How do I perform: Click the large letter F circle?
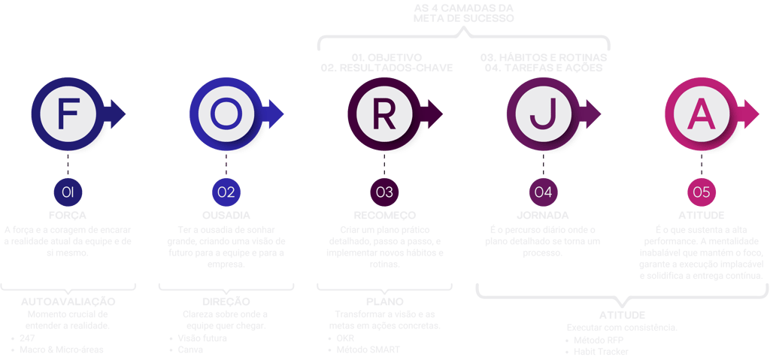[68, 112]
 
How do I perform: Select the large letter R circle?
[384, 112]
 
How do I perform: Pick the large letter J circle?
[542, 112]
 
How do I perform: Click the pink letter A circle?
[702, 112]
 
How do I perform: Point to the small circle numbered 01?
[68, 192]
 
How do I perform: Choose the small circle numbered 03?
[384, 192]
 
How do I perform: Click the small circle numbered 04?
[543, 192]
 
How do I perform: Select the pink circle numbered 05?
[702, 192]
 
